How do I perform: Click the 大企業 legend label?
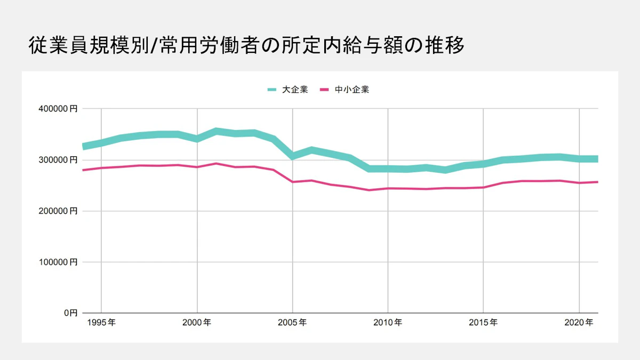tap(295, 90)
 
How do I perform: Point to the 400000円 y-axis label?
tap(58, 109)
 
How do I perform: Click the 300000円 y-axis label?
tap(58, 160)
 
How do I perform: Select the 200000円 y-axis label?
tap(58, 211)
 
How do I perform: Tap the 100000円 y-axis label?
tap(58, 262)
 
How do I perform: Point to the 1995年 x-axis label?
tap(101, 323)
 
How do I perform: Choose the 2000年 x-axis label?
tap(197, 323)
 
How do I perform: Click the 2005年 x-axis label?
tap(292, 323)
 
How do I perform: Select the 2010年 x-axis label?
tap(388, 323)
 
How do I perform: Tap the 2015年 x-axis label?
tap(483, 323)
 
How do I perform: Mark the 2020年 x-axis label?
tap(579, 323)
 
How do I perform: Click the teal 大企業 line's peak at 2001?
tap(216, 131)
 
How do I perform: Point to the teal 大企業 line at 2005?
tap(292, 156)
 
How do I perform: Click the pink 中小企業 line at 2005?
tap(292, 182)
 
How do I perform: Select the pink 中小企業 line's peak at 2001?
tap(216, 163)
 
